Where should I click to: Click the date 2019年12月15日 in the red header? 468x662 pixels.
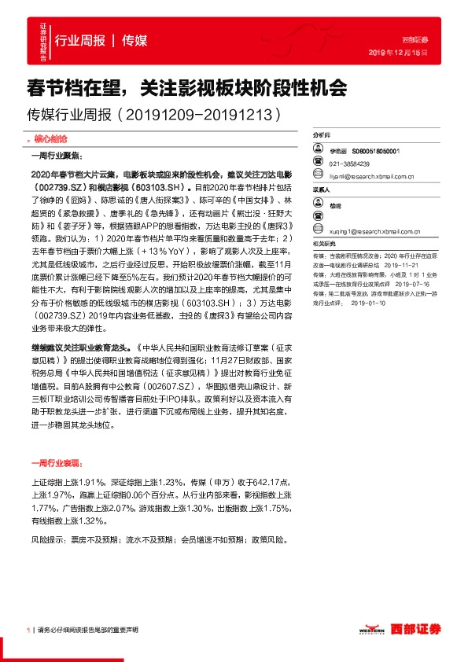404,52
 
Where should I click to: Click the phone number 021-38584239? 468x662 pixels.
350,164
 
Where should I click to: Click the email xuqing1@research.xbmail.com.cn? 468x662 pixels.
383,232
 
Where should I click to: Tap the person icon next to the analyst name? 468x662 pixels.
320,149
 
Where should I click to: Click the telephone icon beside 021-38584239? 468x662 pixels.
320,164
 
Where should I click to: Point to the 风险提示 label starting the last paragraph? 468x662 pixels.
43,542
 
